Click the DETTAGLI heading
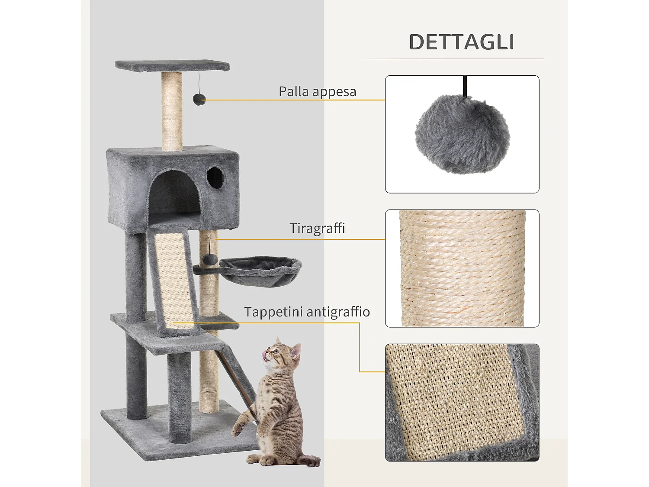click(461, 42)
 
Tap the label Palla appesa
click(317, 92)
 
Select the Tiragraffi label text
click(317, 228)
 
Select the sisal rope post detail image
click(462, 268)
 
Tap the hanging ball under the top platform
click(199, 100)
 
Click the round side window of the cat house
click(215, 177)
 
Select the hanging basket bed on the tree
click(260, 271)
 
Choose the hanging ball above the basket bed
click(210, 259)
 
